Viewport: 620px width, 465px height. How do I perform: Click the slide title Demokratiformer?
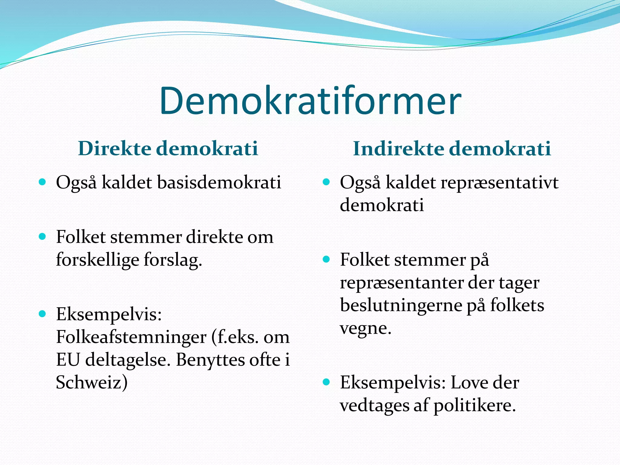[310, 101]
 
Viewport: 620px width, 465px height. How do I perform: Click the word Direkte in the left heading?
[114, 148]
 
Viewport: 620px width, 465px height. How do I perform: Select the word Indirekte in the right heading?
[398, 148]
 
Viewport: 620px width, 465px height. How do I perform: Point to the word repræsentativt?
[499, 182]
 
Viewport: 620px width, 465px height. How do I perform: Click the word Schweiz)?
[92, 382]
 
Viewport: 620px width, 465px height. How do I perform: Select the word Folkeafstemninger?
[131, 337]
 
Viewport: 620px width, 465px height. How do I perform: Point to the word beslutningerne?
[401, 305]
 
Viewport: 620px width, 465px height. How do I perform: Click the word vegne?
[365, 328]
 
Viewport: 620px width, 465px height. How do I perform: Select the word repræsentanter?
[401, 283]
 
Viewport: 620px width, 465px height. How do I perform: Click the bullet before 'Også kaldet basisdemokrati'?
[42, 182]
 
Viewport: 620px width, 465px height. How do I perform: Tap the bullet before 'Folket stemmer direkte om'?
[42, 236]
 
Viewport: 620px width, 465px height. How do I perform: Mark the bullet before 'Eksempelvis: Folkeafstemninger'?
[42, 314]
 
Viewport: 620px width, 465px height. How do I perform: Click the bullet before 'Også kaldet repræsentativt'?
[326, 182]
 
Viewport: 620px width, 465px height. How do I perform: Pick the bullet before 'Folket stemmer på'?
[326, 259]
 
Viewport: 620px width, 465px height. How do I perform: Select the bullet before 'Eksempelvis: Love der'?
[326, 382]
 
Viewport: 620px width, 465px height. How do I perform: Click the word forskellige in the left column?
[97, 260]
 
